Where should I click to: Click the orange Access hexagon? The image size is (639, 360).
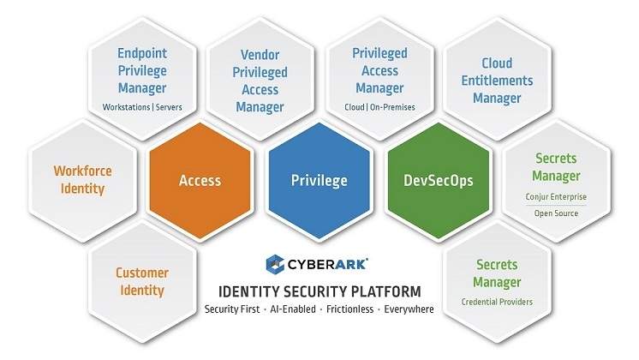coord(200,180)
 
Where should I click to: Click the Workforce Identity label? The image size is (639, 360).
coord(83,179)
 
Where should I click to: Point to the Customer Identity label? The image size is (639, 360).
coord(142,281)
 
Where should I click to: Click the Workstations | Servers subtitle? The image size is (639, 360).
coord(142,107)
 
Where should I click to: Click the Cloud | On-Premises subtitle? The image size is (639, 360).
coord(379,107)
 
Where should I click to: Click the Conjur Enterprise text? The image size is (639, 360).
coord(556,197)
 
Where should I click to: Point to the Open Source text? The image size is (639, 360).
coord(556,214)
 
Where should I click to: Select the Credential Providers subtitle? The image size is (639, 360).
coord(497,301)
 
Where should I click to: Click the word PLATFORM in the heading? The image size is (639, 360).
coord(384,290)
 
